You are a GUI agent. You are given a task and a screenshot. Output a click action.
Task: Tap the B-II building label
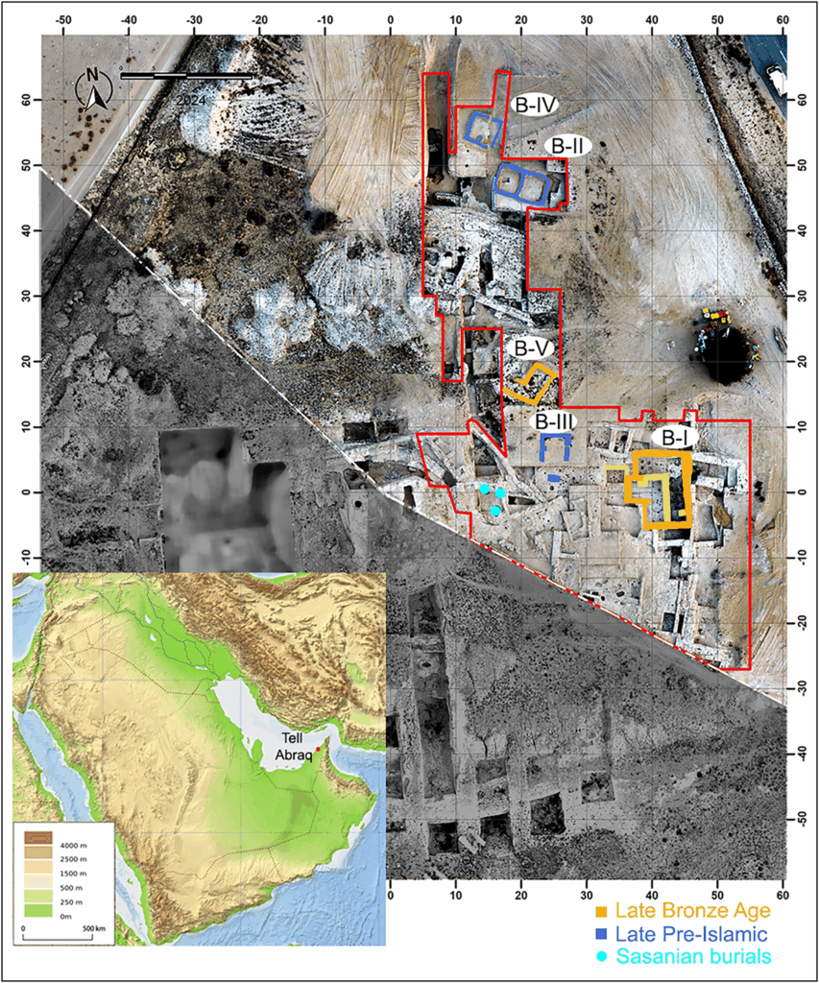[x=566, y=146]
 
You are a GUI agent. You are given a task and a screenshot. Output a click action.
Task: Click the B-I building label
[x=670, y=437]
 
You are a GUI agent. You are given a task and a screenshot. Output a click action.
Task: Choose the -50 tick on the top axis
[x=64, y=18]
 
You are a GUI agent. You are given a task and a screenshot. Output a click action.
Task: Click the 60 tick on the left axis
[x=27, y=100]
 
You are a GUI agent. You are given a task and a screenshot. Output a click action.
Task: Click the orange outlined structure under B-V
[x=530, y=383]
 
